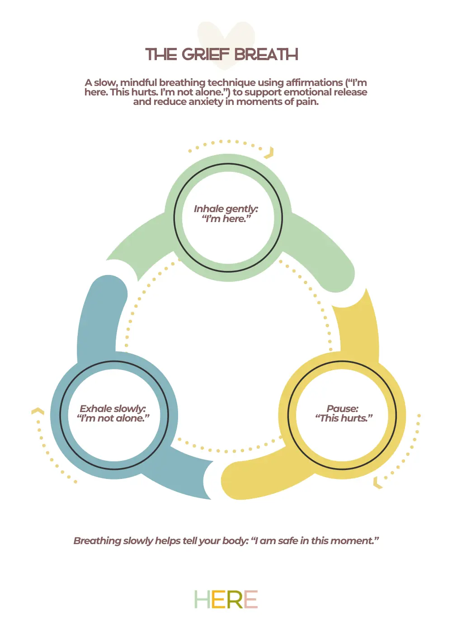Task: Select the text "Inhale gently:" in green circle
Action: point(226,209)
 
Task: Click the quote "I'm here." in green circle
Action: point(226,219)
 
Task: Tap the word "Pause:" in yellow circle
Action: point(342,408)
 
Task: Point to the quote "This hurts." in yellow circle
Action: point(344,418)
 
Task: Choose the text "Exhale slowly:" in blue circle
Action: point(113,408)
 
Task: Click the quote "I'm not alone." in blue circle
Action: point(113,418)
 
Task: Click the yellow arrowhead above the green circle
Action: point(269,153)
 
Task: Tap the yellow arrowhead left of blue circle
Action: point(38,411)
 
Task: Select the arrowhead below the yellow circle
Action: point(377,482)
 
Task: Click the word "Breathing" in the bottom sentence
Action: point(97,541)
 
